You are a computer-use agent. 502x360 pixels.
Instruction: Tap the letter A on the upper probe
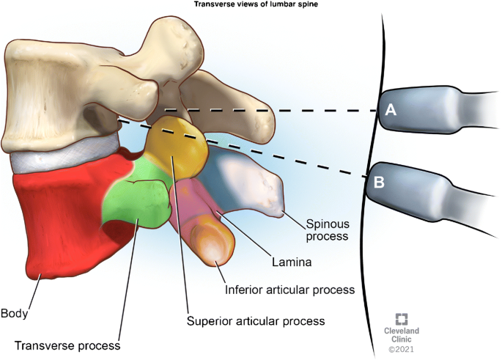[x=391, y=110]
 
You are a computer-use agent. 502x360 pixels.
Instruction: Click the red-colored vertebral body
[x=59, y=220]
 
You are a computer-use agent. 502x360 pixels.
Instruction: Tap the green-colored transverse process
[x=136, y=202]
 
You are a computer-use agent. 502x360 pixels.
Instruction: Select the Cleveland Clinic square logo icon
[x=402, y=320]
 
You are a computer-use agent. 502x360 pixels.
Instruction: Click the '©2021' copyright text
[x=402, y=350]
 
